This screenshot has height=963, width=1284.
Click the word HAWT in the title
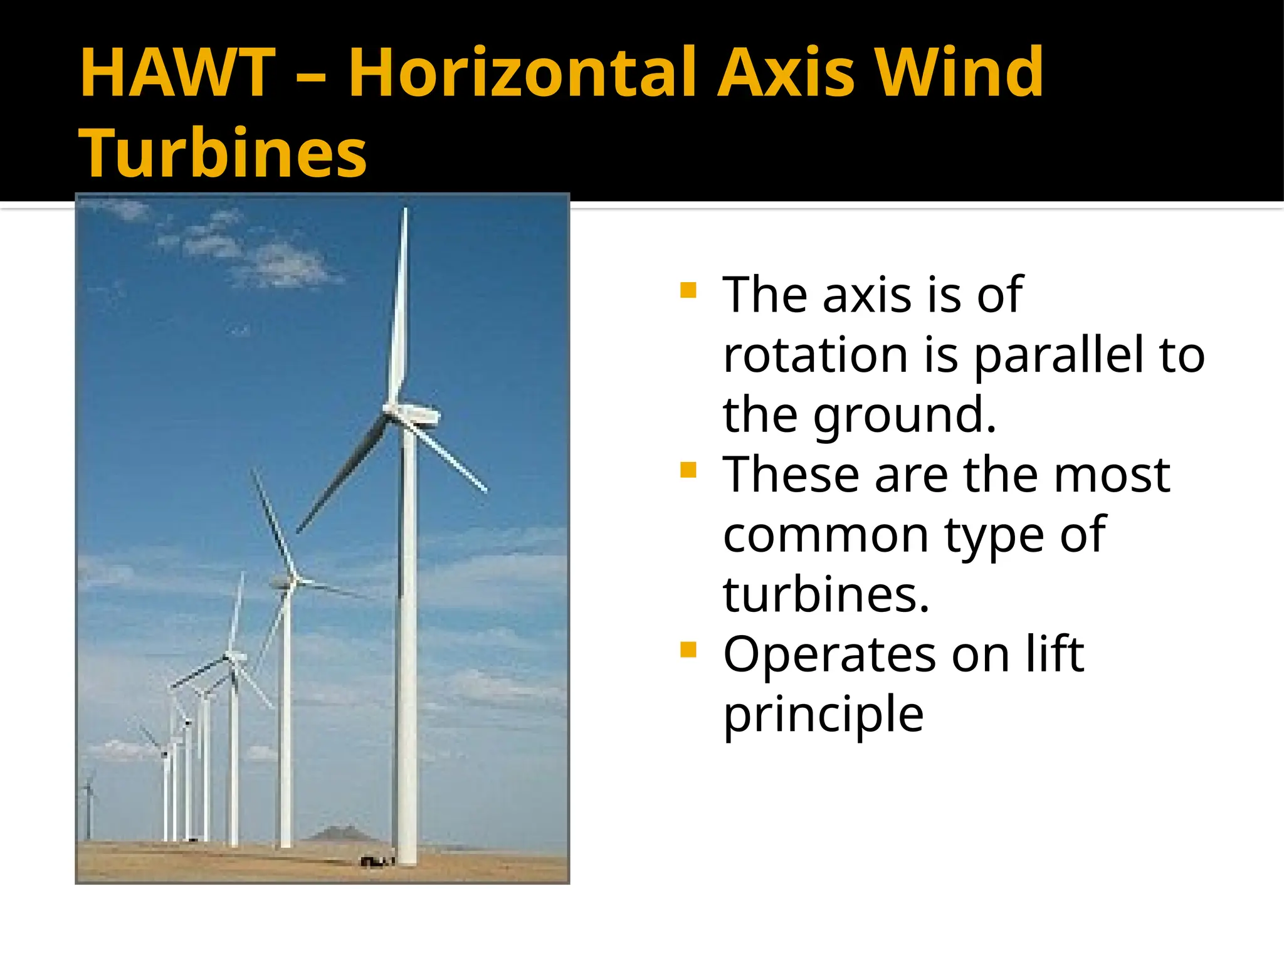pyautogui.click(x=178, y=73)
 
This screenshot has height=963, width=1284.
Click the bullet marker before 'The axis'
pyautogui.click(x=688, y=291)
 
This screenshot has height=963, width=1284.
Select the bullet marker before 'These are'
pyautogui.click(x=688, y=470)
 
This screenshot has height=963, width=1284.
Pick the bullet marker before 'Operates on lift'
pyautogui.click(x=688, y=650)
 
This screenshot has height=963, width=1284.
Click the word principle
pyautogui.click(x=823, y=715)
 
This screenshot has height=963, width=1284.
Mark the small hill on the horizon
pyautogui.click(x=339, y=833)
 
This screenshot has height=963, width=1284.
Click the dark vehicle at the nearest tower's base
pyautogui.click(x=377, y=862)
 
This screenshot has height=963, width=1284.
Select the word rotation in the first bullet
pyautogui.click(x=816, y=355)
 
